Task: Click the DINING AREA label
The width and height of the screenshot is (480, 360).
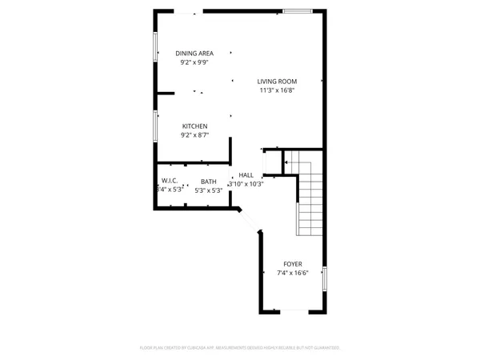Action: tap(194, 54)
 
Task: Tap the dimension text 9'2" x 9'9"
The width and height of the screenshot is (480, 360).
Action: tap(194, 62)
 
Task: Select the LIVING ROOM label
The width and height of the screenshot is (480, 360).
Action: tap(277, 82)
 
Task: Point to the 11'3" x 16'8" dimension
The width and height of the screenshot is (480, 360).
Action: tap(277, 90)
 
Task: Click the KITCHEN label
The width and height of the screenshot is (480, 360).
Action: tap(194, 126)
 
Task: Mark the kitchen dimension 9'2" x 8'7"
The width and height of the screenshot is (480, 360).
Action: tap(194, 135)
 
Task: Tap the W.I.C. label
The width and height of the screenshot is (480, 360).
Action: tap(170, 182)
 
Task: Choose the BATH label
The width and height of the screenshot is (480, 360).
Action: tap(208, 182)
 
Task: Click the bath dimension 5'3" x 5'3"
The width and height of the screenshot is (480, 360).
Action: tap(208, 190)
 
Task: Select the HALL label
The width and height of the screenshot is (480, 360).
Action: tap(246, 175)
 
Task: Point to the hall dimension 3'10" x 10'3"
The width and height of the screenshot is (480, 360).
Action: tap(246, 184)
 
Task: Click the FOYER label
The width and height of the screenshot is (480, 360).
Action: tap(293, 264)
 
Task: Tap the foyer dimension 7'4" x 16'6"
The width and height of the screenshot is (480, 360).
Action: tap(293, 273)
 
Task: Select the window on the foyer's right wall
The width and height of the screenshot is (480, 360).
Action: tap(324, 278)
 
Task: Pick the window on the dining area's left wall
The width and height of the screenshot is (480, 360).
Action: tap(155, 46)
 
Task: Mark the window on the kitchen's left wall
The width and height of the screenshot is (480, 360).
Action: tap(155, 126)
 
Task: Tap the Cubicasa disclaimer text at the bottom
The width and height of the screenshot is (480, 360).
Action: tap(240, 348)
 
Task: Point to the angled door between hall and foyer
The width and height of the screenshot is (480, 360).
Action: tap(249, 221)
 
